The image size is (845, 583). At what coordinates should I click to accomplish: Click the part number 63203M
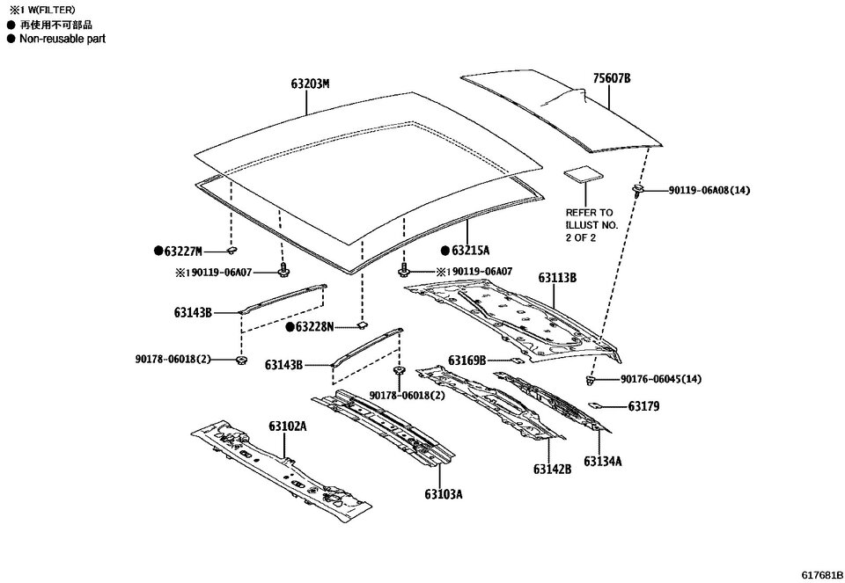tap(310, 84)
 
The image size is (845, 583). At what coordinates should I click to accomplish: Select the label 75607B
tap(612, 79)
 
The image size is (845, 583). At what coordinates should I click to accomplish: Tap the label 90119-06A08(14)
tap(709, 190)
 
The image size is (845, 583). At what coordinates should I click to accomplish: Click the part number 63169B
tap(467, 360)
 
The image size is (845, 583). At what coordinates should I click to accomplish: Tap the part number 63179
tap(643, 406)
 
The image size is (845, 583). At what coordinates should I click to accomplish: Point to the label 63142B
tap(552, 470)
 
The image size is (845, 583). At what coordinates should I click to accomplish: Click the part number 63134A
tap(603, 461)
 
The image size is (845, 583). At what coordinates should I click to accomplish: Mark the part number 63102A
tap(288, 426)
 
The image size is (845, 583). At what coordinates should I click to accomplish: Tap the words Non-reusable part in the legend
tap(62, 40)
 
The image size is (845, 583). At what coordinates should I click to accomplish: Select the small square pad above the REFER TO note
tap(582, 173)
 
